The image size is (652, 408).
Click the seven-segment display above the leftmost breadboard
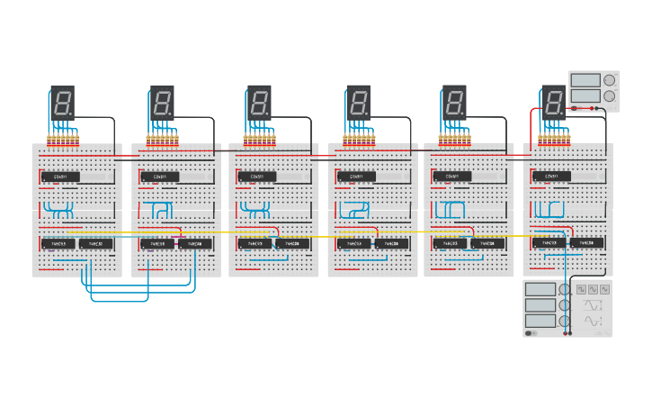62,102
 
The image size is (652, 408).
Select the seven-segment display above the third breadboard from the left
259,102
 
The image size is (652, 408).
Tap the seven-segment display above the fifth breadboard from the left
454,102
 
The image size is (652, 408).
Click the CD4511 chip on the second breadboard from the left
160,177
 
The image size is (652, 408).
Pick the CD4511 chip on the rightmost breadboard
550,177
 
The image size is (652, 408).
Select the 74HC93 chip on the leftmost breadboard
58,243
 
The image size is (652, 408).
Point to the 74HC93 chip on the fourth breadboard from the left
354,243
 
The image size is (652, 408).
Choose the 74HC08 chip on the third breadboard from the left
292,243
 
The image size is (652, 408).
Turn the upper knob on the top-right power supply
609,80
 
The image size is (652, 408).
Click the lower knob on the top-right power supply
609,95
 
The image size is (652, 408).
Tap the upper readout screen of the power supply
585,80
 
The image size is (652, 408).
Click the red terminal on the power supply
593,108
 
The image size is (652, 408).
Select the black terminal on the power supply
601,108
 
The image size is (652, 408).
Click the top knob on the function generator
565,290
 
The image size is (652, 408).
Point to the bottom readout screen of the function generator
540,321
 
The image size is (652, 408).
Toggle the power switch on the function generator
531,333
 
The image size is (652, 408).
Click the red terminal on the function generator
569,333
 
